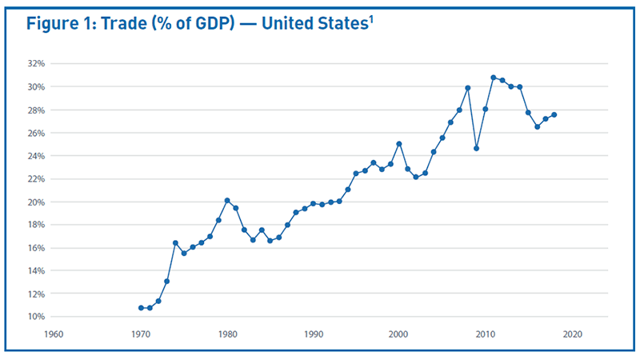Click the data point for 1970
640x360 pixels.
click(141, 308)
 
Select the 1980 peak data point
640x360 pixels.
click(227, 200)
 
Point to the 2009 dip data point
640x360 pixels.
click(477, 148)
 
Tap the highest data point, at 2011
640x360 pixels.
click(494, 78)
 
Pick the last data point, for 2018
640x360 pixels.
click(554, 114)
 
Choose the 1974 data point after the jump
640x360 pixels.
click(175, 242)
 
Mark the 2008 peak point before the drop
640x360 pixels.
click(468, 88)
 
